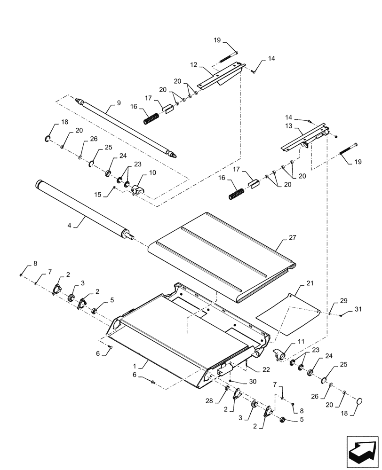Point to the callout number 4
click(x=69, y=226)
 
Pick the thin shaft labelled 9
click(x=127, y=127)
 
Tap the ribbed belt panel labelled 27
click(x=221, y=254)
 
